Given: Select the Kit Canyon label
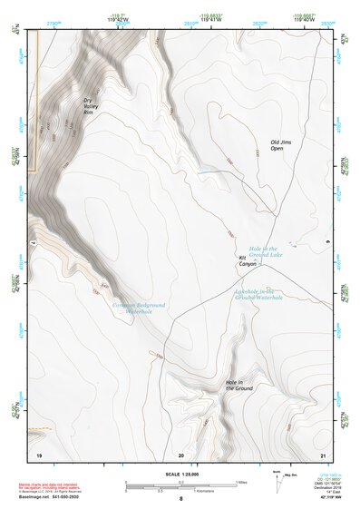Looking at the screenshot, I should [x=247, y=260].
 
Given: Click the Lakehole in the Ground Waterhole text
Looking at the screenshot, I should [x=258, y=294].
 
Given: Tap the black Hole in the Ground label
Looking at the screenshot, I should [x=238, y=386].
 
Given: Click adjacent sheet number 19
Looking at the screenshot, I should [x=39, y=454].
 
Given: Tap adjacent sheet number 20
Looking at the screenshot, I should [x=181, y=454].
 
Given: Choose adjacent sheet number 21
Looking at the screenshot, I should [x=323, y=454].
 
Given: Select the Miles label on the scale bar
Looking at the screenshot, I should [x=241, y=482].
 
